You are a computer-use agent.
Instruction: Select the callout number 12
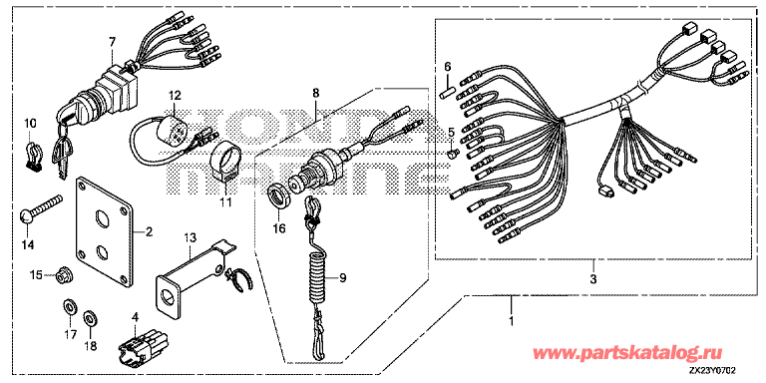point(175,94)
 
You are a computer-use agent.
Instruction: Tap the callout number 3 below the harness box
point(593,280)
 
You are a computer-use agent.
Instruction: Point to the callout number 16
point(278,228)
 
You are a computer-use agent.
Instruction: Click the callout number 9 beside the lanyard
point(342,278)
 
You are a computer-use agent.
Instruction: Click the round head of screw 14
point(26,216)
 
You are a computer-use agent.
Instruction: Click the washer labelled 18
point(89,319)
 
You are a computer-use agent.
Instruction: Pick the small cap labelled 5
point(452,154)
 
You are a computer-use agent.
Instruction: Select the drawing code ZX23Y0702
point(713,372)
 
